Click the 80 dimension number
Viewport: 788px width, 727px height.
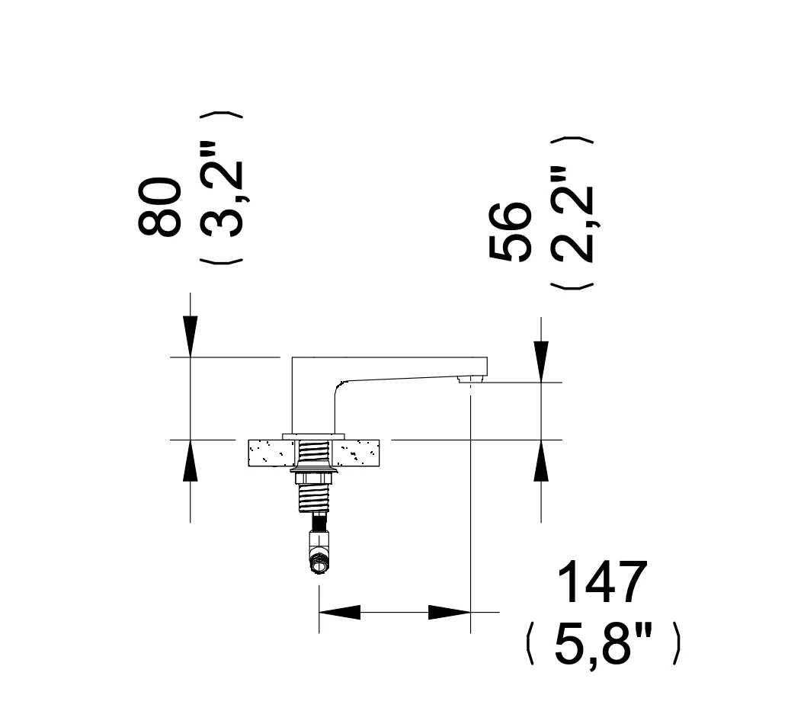tap(159, 206)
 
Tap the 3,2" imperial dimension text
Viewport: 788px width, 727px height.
tap(222, 193)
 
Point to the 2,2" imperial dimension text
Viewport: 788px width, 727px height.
tap(572, 215)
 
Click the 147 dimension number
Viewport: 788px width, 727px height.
tap(603, 582)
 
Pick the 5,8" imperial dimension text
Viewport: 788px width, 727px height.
tap(604, 644)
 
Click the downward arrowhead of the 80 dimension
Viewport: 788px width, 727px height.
tap(190, 336)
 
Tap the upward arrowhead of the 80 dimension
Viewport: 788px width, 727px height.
tap(190, 460)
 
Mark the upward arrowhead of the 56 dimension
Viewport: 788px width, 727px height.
tap(541, 460)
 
